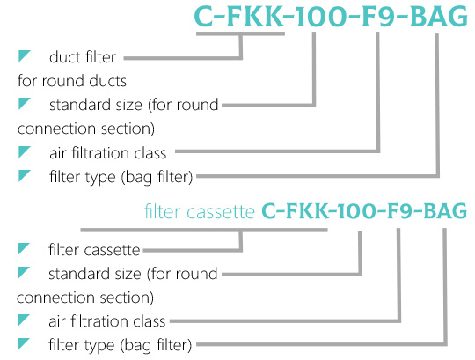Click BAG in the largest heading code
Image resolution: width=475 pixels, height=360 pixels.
pyautogui.click(x=439, y=17)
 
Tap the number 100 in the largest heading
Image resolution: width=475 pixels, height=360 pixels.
pyautogui.click(x=320, y=17)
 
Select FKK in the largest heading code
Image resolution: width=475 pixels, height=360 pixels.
pyautogui.click(x=253, y=17)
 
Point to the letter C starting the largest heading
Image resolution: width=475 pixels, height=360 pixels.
pyautogui.click(x=204, y=17)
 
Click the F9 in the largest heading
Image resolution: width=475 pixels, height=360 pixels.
pyautogui.click(x=377, y=17)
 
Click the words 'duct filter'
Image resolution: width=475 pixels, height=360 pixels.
pyautogui.click(x=83, y=57)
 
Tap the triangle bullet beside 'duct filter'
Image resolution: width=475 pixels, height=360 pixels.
pyautogui.click(x=24, y=56)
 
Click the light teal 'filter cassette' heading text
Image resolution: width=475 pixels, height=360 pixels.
pyautogui.click(x=200, y=211)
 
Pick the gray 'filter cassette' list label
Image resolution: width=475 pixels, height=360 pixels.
pyautogui.click(x=94, y=250)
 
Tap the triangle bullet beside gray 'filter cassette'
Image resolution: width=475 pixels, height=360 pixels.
pyautogui.click(x=24, y=249)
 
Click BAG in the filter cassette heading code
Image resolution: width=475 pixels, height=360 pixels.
pyautogui.click(x=445, y=211)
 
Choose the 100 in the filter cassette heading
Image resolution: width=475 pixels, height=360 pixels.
pyautogui.click(x=355, y=211)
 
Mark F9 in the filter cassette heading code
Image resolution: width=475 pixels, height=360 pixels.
pyautogui.click(x=399, y=211)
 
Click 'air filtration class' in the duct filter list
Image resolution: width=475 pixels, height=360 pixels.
pyautogui.click(x=108, y=153)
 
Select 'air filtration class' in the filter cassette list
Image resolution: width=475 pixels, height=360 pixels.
pyautogui.click(x=107, y=321)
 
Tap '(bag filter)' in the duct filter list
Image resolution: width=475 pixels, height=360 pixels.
pyautogui.click(x=157, y=177)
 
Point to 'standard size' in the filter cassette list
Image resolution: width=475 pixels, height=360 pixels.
pyautogui.click(x=95, y=274)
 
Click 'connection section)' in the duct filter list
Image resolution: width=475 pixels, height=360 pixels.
pyautogui.click(x=86, y=129)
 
